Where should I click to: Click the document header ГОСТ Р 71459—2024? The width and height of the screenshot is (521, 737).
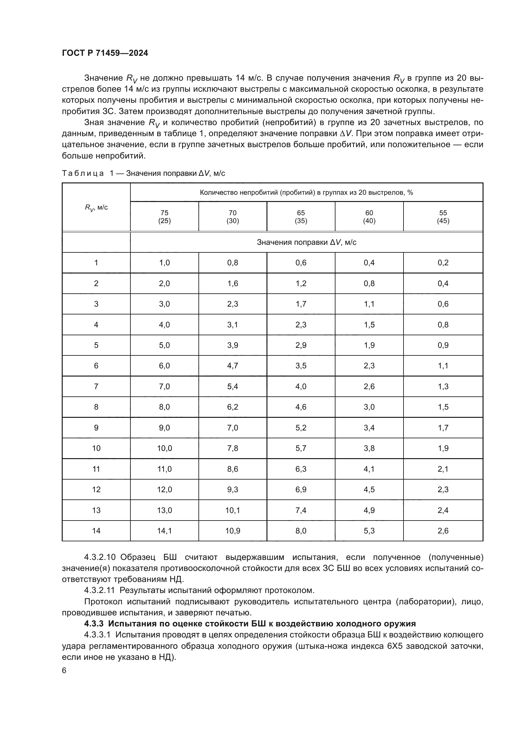[x=105, y=53]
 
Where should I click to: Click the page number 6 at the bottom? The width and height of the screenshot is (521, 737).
[x=64, y=670]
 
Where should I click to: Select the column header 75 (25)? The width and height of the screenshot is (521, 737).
[x=164, y=217]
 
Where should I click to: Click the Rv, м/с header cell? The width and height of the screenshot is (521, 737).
[x=96, y=207]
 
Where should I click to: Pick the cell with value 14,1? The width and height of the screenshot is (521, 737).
[x=164, y=531]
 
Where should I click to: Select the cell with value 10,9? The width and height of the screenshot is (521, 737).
[x=232, y=531]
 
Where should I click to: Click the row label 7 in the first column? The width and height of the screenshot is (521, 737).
[x=96, y=387]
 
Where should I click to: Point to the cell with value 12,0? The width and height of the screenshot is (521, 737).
[x=164, y=490]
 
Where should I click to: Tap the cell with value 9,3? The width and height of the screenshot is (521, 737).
[x=232, y=490]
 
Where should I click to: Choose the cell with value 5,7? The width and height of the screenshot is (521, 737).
[x=301, y=448]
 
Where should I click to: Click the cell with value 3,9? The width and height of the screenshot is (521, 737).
[x=232, y=345]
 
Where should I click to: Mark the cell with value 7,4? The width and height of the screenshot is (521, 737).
[x=301, y=510]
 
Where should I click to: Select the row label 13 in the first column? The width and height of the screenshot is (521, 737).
[x=96, y=510]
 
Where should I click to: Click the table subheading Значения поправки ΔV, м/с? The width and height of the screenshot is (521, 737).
[x=306, y=242]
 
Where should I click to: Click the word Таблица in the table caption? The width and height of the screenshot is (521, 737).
[x=83, y=173]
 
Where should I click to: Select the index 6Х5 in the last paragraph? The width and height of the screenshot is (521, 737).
[x=394, y=646]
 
